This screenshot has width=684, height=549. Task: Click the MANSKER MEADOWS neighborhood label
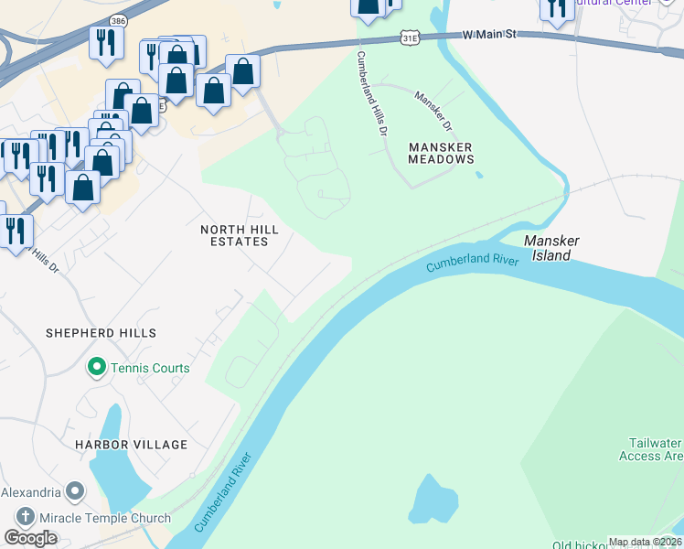coord(441,153)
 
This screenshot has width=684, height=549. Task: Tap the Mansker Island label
coord(551,248)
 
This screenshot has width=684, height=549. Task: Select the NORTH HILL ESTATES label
coord(235,235)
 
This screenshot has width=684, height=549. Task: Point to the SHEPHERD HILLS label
coord(101,333)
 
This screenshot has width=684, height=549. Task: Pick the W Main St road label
coord(489,34)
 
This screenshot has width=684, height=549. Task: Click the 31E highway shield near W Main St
coord(411,37)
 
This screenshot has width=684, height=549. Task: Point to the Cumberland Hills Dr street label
coord(369,94)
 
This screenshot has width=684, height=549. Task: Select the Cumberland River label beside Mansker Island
coord(472,264)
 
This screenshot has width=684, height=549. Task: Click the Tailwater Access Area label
coord(650,448)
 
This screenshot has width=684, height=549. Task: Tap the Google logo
coord(30,538)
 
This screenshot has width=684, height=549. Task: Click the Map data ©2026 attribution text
coord(645,542)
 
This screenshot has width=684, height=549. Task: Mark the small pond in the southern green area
coord(433,500)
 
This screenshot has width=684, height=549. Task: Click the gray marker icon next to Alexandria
coord(75,491)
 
